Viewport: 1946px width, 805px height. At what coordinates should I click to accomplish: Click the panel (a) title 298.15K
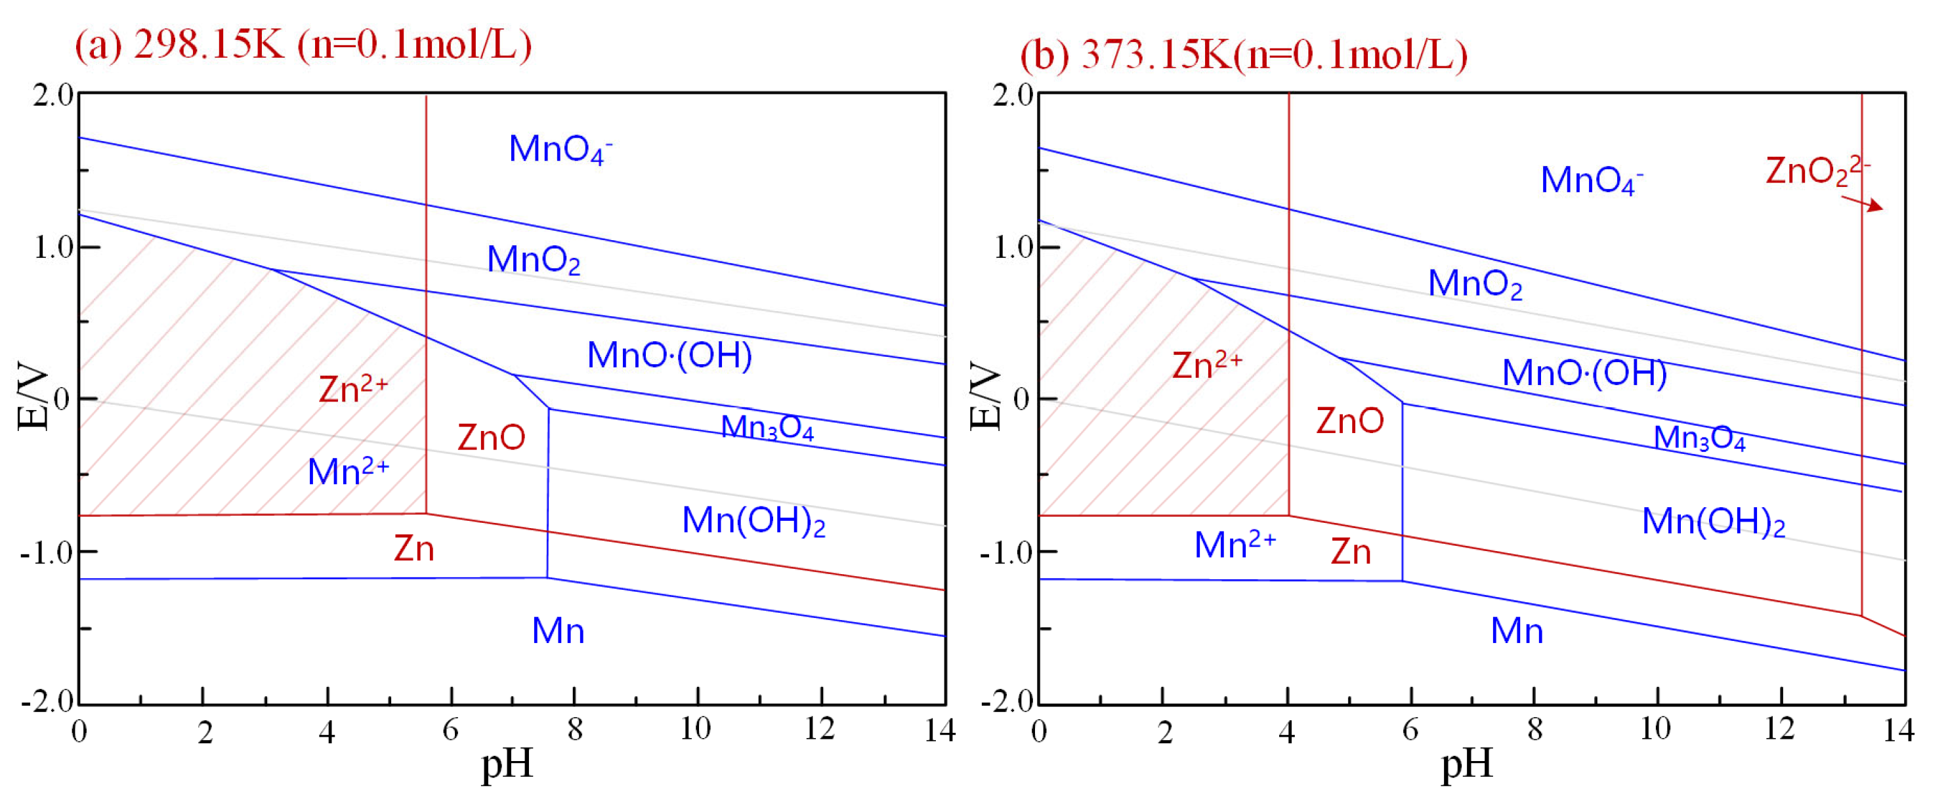click(302, 45)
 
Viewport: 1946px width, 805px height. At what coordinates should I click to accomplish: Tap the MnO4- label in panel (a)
click(560, 150)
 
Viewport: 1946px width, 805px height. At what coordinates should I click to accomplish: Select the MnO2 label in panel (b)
click(1475, 285)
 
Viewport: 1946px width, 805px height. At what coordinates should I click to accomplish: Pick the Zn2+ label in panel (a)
click(353, 389)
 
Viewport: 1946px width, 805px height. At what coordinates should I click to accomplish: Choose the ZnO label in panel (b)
click(1350, 421)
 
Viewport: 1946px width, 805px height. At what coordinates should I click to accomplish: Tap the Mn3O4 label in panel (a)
click(767, 428)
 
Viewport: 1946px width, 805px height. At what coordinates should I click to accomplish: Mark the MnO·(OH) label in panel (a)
click(669, 356)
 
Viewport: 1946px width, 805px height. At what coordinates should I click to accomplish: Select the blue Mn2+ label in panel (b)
click(1235, 545)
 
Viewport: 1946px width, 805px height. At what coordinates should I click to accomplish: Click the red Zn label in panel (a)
click(414, 549)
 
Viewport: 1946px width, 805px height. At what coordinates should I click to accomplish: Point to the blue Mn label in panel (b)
click(1517, 631)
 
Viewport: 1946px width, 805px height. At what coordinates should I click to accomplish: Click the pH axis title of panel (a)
click(507, 764)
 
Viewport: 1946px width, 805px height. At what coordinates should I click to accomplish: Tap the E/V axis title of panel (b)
click(985, 397)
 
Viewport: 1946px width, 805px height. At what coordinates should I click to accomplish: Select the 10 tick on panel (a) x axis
click(695, 730)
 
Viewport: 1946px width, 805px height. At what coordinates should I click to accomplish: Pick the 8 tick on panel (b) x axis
click(1534, 730)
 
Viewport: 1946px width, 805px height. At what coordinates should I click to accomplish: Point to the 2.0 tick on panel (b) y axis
click(1012, 96)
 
